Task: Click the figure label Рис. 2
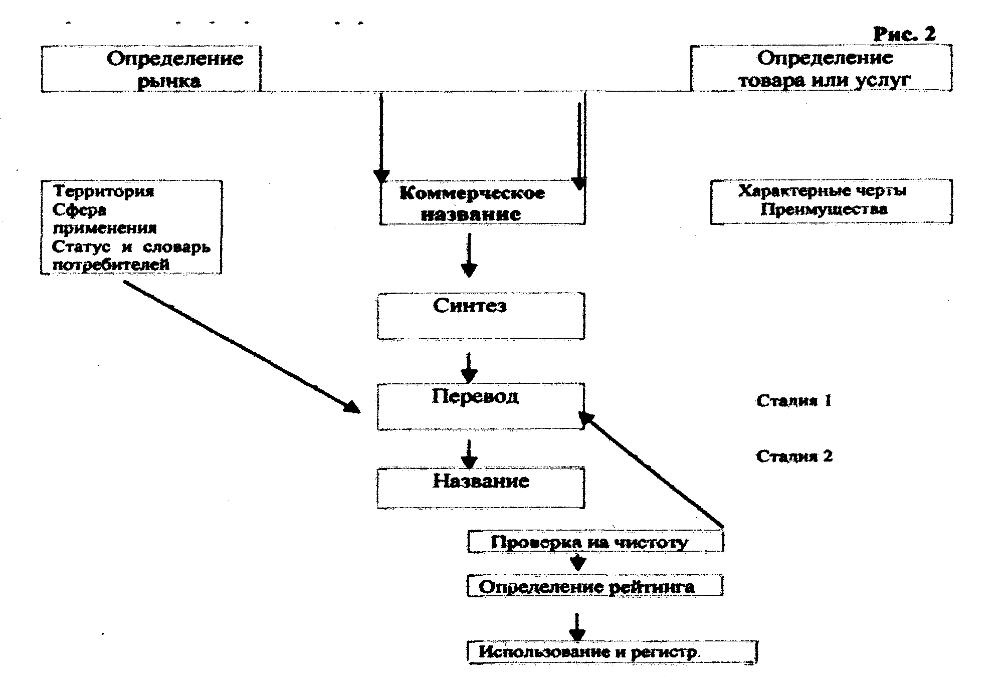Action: pyautogui.click(x=904, y=34)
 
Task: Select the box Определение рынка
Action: pyautogui.click(x=150, y=69)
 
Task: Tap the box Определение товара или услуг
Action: pyautogui.click(x=821, y=69)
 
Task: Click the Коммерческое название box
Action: pyautogui.click(x=482, y=203)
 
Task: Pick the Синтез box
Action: pyautogui.click(x=481, y=316)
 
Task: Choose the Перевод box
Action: pyautogui.click(x=481, y=406)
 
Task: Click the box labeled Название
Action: pyautogui.click(x=481, y=488)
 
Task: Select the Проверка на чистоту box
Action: pyautogui.click(x=595, y=542)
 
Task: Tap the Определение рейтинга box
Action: pyautogui.click(x=595, y=586)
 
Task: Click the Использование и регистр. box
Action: pyautogui.click(x=612, y=652)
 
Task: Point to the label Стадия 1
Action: pyautogui.click(x=794, y=401)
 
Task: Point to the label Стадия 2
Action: pyautogui.click(x=794, y=456)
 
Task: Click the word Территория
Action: pyautogui.click(x=104, y=191)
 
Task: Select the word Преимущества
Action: pyautogui.click(x=824, y=209)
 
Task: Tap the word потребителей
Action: pyautogui.click(x=111, y=265)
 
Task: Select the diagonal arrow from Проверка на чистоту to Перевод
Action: pyautogui.click(x=652, y=471)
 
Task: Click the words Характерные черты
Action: pyautogui.click(x=823, y=191)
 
